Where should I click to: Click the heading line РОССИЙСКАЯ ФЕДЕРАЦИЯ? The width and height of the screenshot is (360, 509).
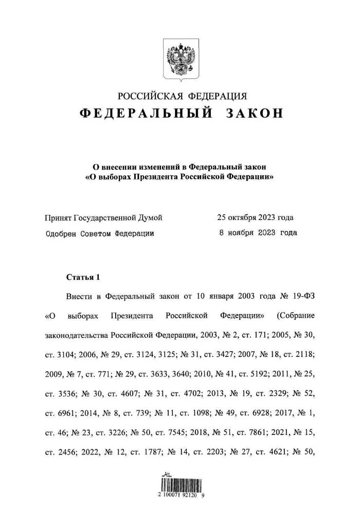tap(182, 96)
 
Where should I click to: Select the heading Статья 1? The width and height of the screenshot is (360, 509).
tap(83, 277)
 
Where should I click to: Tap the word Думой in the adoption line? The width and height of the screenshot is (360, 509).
tap(151, 218)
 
